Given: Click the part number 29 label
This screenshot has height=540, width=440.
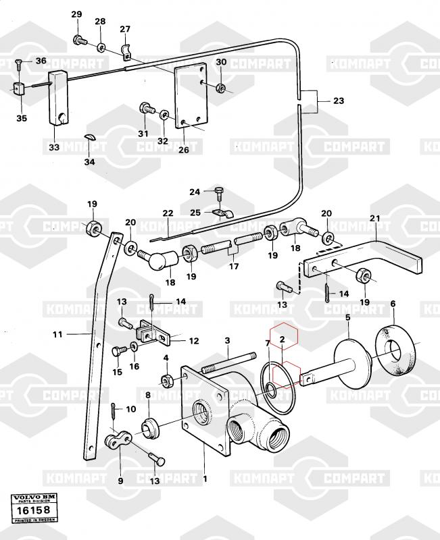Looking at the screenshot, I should pyautogui.click(x=76, y=15).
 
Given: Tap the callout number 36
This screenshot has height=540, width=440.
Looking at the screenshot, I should pyautogui.click(x=41, y=61).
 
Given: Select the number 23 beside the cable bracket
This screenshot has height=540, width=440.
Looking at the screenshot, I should pyautogui.click(x=338, y=101).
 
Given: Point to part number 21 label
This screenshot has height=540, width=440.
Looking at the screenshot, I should pyautogui.click(x=375, y=218).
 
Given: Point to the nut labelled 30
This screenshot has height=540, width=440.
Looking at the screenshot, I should pyautogui.click(x=221, y=88).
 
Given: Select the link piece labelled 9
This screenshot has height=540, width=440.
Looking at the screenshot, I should pyautogui.click(x=120, y=441).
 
